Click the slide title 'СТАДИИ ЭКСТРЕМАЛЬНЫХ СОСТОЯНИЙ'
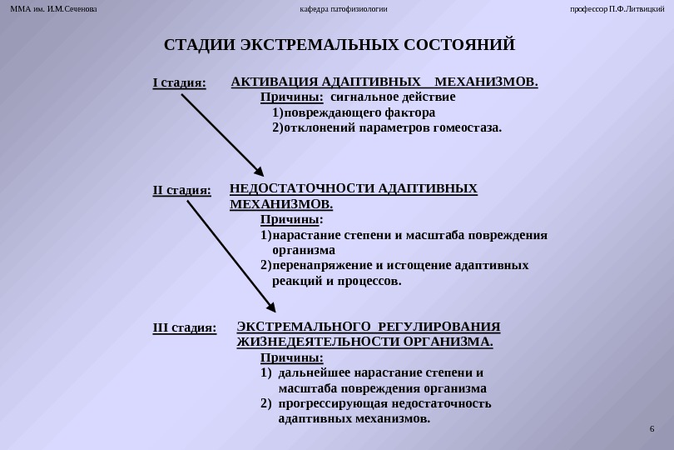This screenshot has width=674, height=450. pyautogui.click(x=339, y=44)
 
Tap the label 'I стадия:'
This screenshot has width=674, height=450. pyautogui.click(x=179, y=83)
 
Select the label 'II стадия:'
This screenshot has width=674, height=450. pyautogui.click(x=182, y=191)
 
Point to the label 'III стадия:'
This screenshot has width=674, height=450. pyautogui.click(x=185, y=327)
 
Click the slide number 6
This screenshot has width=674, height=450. pyautogui.click(x=652, y=428)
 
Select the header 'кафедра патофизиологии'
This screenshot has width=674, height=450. pyautogui.click(x=344, y=9)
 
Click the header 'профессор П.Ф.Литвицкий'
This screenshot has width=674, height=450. pyautogui.click(x=617, y=9)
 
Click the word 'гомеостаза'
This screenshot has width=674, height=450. pyautogui.click(x=469, y=128)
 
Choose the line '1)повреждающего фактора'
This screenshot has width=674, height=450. pyautogui.click(x=353, y=112)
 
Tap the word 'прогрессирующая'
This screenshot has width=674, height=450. pyautogui.click(x=325, y=403)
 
